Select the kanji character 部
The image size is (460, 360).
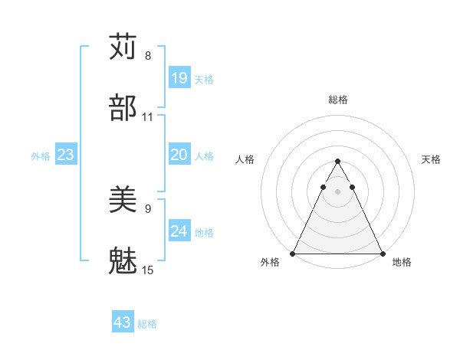pos(123,108)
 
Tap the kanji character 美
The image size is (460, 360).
pos(123,201)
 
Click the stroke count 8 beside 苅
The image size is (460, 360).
pos(148,55)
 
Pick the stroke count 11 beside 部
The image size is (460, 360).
pos(148,117)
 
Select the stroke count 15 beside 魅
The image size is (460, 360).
pos(148,270)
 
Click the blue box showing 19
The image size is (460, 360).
pos(179,78)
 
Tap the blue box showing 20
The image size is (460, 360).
pos(179,155)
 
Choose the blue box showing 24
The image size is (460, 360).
pos(179,231)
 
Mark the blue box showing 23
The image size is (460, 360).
pos(65,155)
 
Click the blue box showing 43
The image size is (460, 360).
pos(123,322)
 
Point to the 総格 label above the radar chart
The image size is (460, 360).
pos(338,100)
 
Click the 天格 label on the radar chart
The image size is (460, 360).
pos(431,159)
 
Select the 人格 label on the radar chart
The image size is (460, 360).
pos(245,159)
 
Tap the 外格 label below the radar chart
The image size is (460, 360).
pos(270,263)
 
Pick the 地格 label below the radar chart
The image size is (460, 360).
pos(402,263)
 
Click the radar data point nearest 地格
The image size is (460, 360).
pos(382,253)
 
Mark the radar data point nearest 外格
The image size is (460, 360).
pos(293,253)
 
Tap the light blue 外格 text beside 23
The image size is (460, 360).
pos(41,155)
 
